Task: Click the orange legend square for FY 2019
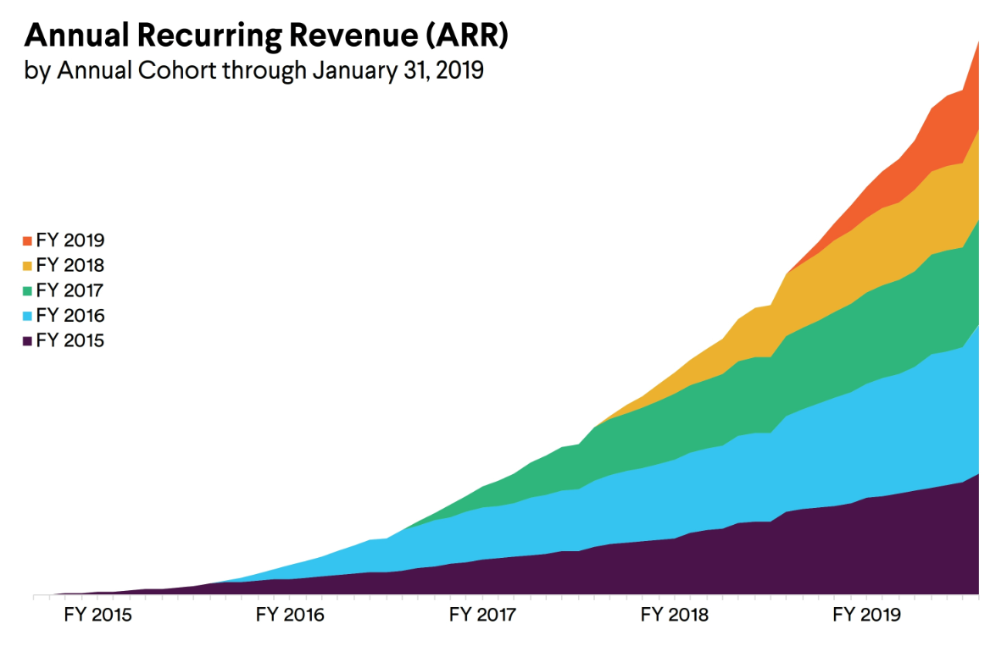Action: coord(27,240)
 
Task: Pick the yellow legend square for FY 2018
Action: coord(27,266)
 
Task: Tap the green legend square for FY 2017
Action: coord(27,291)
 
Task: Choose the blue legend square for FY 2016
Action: coord(27,317)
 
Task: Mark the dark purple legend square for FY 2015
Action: coord(27,342)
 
